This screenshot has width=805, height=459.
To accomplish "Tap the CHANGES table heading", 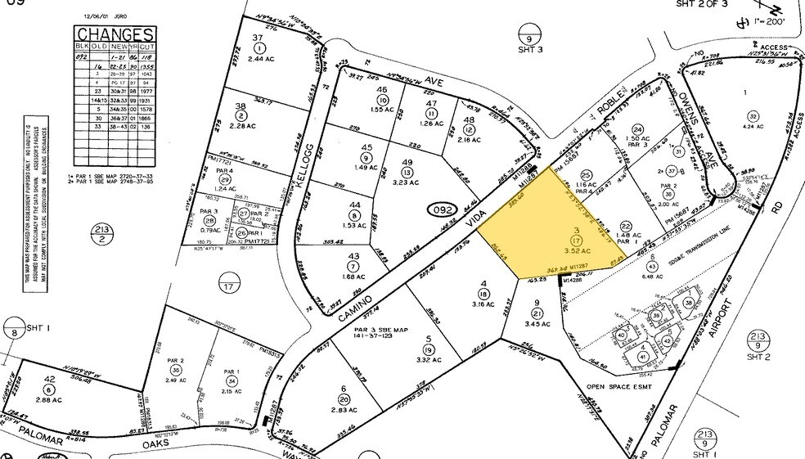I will coord(115,34).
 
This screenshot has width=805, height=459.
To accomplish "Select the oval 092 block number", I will coord(443,210).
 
